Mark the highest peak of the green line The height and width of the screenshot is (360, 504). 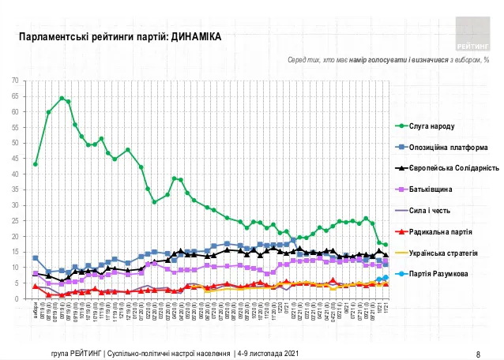point(62,98)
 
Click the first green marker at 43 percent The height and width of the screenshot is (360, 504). point(36,164)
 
